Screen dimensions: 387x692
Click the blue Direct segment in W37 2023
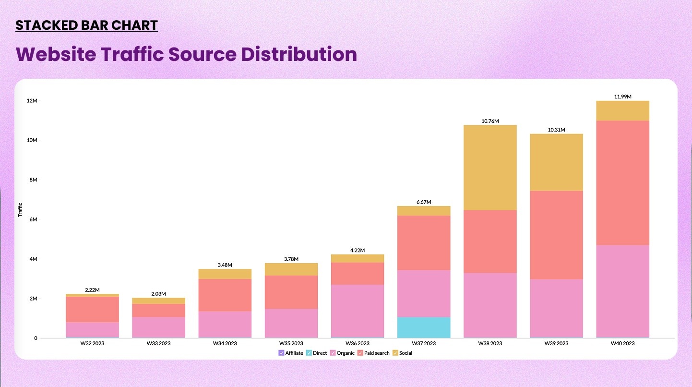(x=424, y=327)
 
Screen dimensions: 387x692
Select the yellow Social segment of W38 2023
(x=490, y=168)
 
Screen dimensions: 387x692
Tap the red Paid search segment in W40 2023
(x=622, y=183)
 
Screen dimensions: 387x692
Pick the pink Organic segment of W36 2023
(x=357, y=311)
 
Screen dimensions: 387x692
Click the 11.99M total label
(x=622, y=97)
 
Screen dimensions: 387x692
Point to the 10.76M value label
(x=490, y=121)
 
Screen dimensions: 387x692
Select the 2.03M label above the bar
(x=158, y=293)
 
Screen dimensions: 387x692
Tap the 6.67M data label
(x=424, y=202)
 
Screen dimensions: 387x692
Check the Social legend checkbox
(x=395, y=353)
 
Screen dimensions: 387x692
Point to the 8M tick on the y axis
(x=33, y=180)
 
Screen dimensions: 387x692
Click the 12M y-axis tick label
(x=32, y=101)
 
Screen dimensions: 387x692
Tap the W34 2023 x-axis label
(x=225, y=343)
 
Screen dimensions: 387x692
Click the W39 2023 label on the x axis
(x=556, y=343)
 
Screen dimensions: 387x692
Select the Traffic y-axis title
(x=21, y=210)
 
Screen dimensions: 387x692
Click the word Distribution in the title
(x=298, y=54)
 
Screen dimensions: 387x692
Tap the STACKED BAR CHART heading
(x=86, y=25)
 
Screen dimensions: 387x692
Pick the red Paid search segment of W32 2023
(x=92, y=309)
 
